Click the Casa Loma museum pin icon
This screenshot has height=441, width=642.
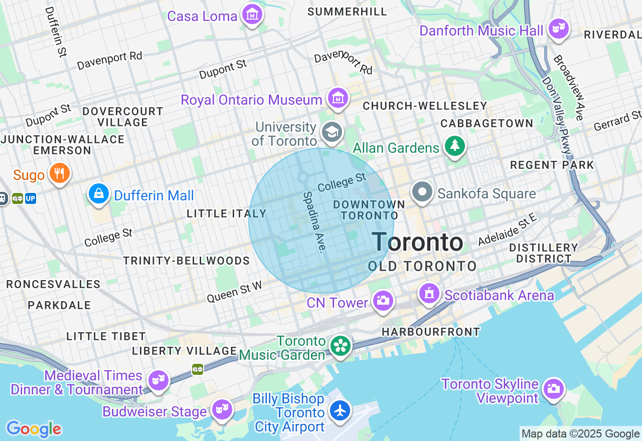point(253,15)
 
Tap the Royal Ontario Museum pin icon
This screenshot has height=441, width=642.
point(338,98)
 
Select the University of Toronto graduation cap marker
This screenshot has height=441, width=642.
point(332,132)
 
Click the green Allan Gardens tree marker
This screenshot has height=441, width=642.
point(455,146)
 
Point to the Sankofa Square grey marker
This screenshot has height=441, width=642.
point(422,192)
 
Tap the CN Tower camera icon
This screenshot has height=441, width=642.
point(383,301)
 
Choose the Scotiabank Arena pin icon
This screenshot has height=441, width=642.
point(429,294)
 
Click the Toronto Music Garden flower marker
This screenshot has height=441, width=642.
point(341,346)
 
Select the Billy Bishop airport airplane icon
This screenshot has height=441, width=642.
point(341,410)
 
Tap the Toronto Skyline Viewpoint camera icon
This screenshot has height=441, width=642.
point(553,388)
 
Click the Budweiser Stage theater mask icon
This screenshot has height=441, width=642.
point(221,409)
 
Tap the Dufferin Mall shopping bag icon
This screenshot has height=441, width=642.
point(99,193)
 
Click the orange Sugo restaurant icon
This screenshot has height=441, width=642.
point(59,173)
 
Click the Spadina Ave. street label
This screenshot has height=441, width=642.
point(315,222)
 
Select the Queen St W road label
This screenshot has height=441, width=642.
point(234,292)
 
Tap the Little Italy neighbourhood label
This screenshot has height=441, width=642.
point(227,213)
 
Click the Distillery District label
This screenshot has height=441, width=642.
point(544,253)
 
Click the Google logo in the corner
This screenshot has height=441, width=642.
point(34,429)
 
